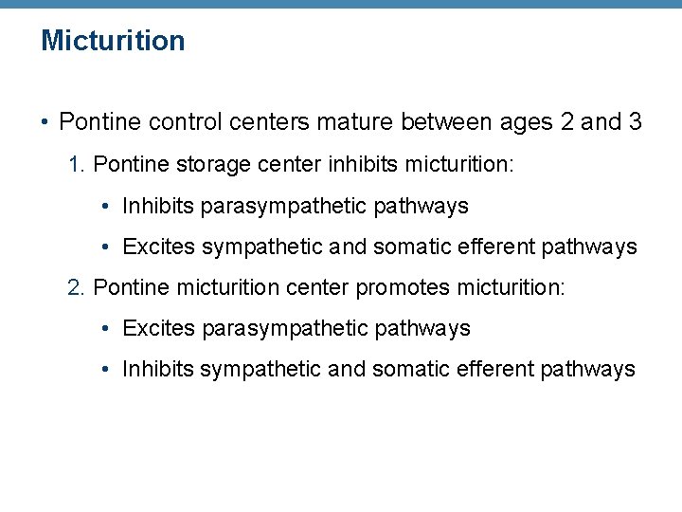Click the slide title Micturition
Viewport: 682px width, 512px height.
113,41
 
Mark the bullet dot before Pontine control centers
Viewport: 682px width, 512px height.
45,123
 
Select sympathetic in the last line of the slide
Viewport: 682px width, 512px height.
260,370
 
